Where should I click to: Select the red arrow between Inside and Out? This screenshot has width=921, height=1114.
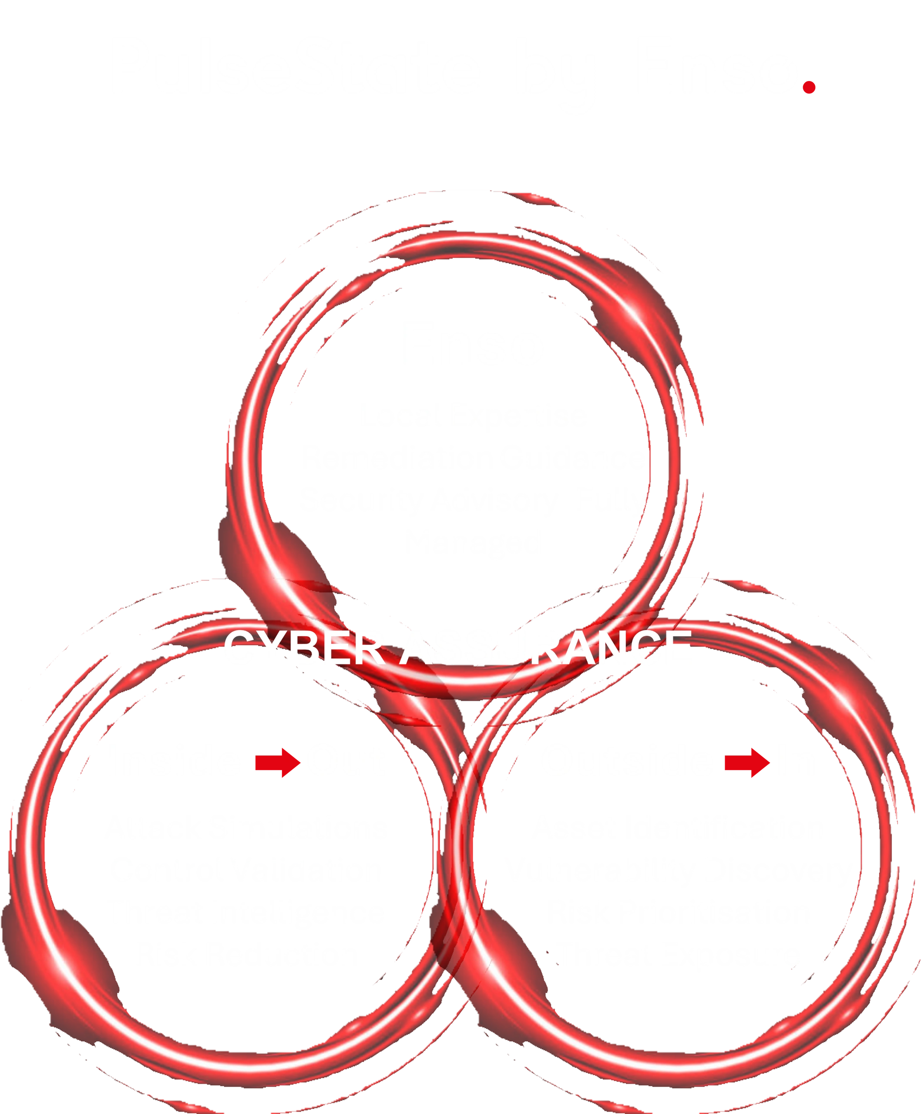click(x=274, y=762)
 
